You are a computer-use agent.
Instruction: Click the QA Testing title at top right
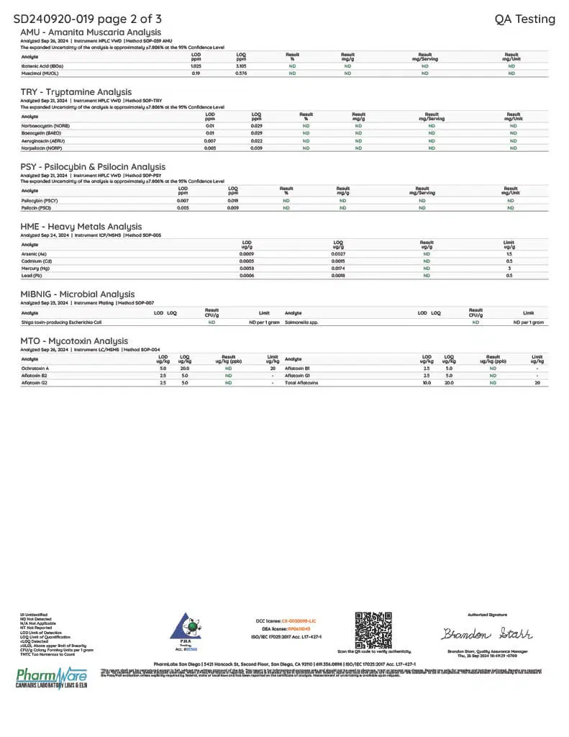tap(524, 19)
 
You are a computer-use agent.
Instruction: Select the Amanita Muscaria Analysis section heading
tap(90, 33)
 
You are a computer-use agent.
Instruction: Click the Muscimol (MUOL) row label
tap(40, 73)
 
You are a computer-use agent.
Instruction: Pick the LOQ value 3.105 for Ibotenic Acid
tap(241, 65)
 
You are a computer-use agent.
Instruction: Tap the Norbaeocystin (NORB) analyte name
tap(44, 125)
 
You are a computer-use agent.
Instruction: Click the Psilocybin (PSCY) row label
tap(40, 200)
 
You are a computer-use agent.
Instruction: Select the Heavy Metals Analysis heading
tap(81, 227)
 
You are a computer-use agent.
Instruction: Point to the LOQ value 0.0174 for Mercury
tap(338, 268)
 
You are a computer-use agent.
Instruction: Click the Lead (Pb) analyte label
tap(32, 275)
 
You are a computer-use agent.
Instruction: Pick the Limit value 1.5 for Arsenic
tap(509, 253)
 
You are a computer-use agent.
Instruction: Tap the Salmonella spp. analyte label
tap(301, 322)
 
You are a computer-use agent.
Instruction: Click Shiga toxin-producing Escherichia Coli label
tap(62, 322)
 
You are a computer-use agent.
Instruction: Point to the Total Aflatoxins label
tap(301, 382)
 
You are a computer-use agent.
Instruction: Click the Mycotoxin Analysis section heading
tap(75, 341)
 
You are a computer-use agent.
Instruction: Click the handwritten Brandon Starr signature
tap(487, 634)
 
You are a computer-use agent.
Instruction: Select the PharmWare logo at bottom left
tap(51, 677)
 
